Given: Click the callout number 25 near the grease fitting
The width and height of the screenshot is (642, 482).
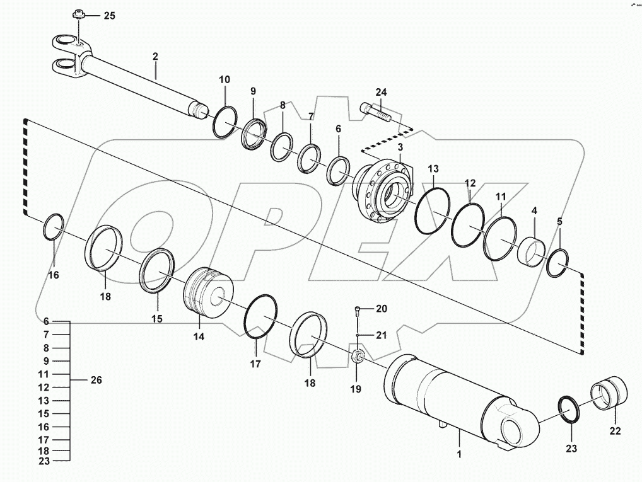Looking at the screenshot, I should point(109,16).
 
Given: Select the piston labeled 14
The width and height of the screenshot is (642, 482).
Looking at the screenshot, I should point(207,293).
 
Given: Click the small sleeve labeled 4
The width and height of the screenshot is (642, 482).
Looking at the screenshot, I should point(532,251).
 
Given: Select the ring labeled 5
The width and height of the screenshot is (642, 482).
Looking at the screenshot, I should point(559,262).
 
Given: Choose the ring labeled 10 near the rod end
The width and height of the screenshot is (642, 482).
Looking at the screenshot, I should point(224,121).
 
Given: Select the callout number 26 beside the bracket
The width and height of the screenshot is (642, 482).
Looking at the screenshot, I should point(96,381).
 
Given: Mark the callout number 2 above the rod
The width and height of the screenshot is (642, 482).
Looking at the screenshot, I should point(155,56).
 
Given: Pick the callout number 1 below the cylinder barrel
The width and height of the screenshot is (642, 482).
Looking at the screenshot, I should point(460,454).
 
